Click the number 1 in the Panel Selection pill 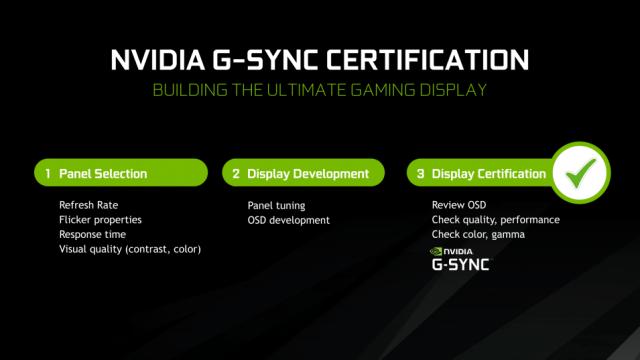tap(48, 174)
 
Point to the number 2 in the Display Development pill tap(236, 174)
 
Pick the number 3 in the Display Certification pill tap(422, 174)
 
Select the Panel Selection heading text tap(103, 174)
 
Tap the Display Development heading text tap(308, 174)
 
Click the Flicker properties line tap(100, 219)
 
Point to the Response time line tap(93, 234)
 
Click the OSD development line tap(289, 219)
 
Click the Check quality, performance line tap(495, 219)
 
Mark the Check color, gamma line tap(478, 234)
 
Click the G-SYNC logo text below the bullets tap(460, 266)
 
